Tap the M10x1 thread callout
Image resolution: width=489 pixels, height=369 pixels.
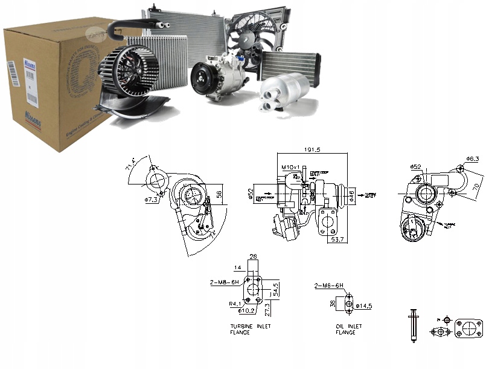coord(289,166)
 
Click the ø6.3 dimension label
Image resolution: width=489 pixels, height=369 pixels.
coord(472,158)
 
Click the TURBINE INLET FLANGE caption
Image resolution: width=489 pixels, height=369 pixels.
coord(251,329)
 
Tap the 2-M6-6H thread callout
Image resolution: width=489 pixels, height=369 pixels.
coord(328,285)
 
